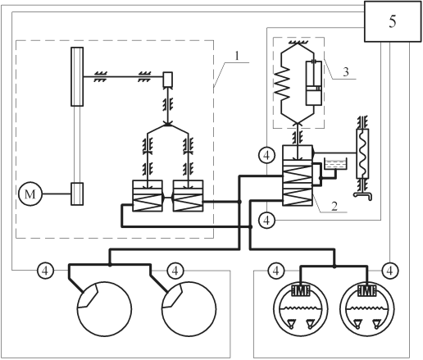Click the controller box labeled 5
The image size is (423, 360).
pos(393,21)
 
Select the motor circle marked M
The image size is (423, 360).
pos(30,194)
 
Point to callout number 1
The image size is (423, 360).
pos(237,56)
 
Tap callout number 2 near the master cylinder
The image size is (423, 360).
pos(334,206)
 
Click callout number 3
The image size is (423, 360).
pos(346,72)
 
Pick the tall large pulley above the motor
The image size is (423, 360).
pos(77,76)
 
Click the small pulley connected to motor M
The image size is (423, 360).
pos(77,194)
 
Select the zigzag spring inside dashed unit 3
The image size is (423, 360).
pos(283,83)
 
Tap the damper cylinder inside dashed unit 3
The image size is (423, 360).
pos(314,83)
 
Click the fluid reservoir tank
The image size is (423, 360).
pos(334,164)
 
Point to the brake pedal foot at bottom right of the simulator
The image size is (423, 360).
pos(363,195)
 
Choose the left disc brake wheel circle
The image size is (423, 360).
pos(104,309)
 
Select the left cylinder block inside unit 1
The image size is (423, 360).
pos(148,196)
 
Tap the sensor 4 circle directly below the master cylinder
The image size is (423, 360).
pos(266,220)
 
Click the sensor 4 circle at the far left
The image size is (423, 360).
pos(45,271)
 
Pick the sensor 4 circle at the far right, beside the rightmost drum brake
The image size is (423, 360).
pos(390,271)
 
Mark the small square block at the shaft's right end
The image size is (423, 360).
pos(167,80)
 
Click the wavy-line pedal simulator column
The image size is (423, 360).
pos(362,153)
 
